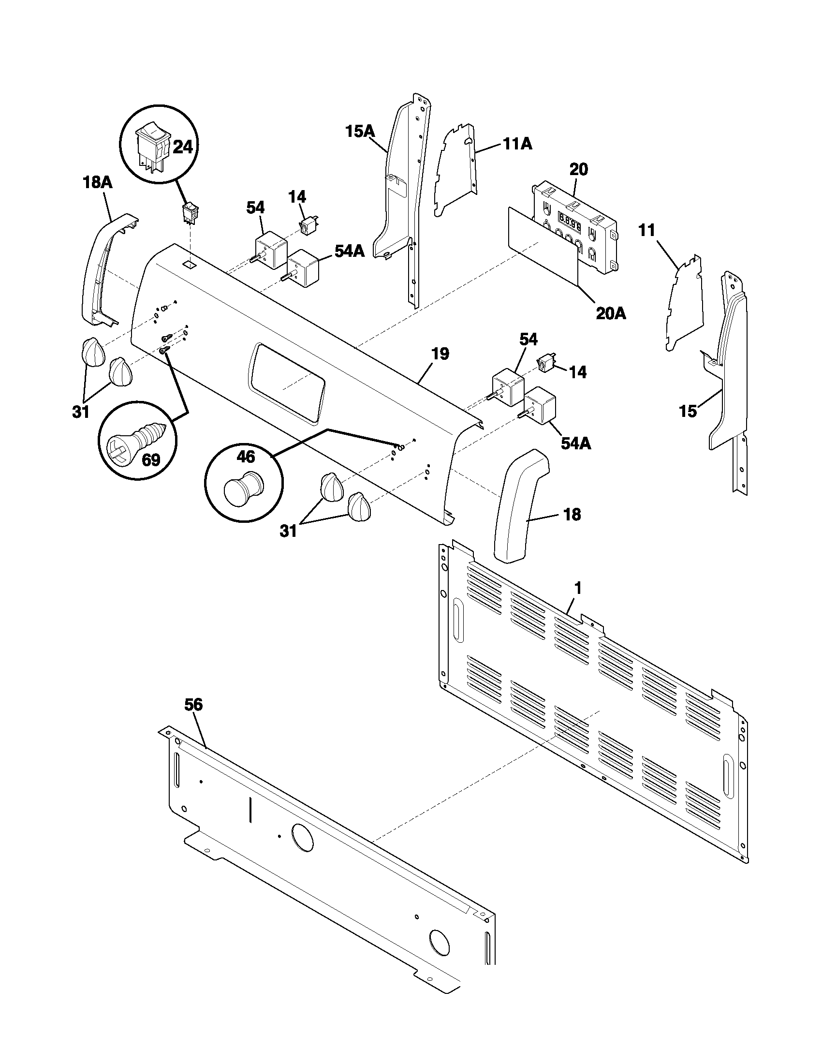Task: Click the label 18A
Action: click(97, 183)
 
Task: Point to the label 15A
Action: click(360, 131)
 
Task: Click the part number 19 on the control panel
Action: click(440, 354)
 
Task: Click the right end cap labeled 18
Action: click(519, 507)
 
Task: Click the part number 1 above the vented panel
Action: click(577, 589)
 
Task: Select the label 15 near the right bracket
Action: click(688, 412)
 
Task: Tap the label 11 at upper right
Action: click(647, 230)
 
